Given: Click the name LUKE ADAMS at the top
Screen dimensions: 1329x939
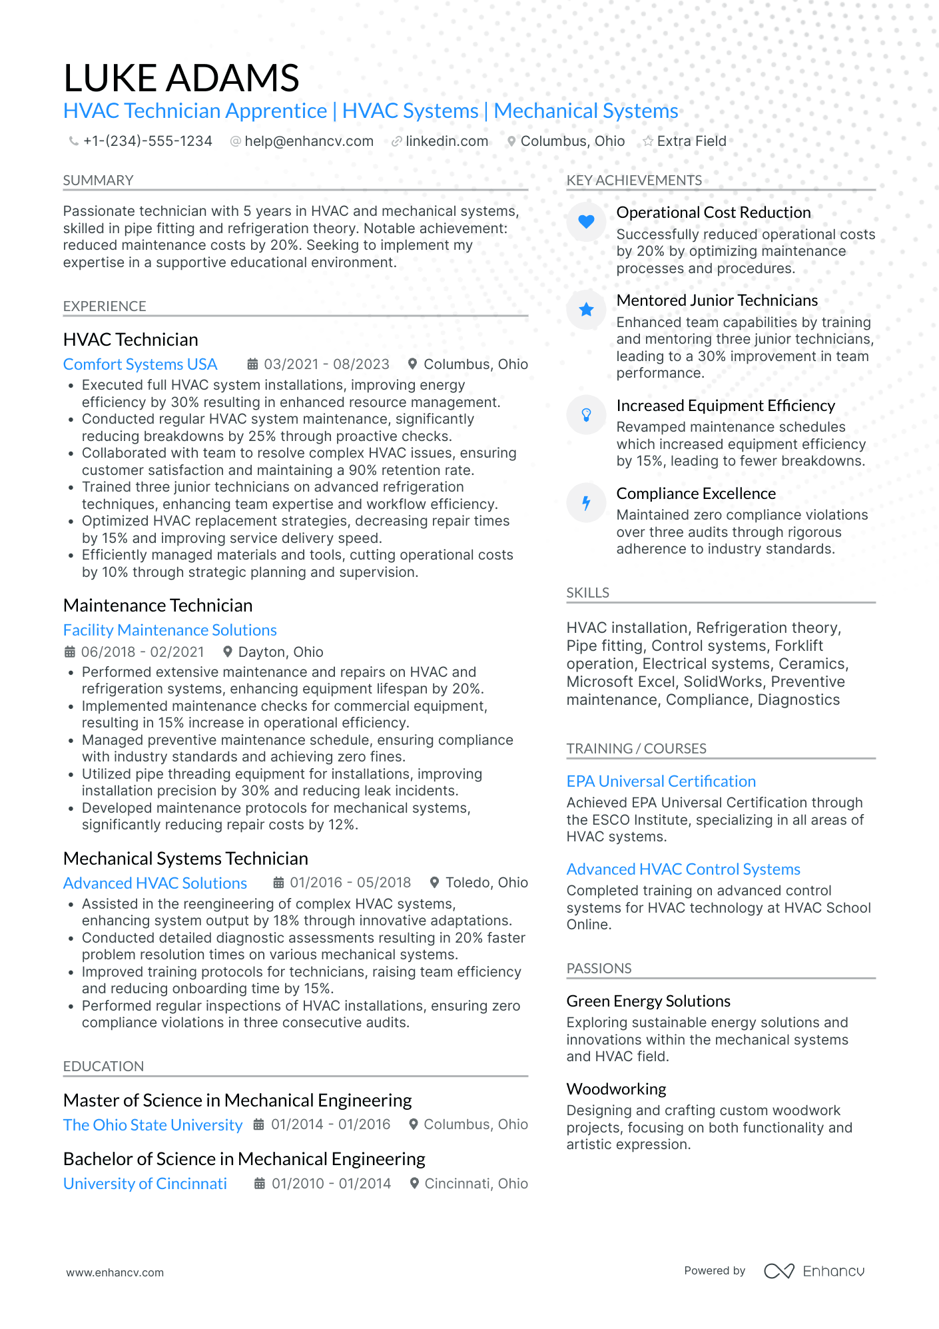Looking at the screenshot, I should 181,78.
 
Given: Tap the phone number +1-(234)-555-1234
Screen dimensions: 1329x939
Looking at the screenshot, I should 147,141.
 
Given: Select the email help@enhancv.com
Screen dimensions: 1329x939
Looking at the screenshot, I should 308,141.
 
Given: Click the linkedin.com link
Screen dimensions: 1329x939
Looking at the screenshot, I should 447,141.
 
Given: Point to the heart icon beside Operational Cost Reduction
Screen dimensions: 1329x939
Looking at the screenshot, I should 586,221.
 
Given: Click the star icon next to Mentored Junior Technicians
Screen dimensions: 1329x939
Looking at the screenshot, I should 586,309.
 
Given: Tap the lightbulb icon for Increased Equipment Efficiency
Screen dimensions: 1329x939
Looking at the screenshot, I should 586,414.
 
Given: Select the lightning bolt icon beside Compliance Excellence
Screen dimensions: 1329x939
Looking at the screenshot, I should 586,502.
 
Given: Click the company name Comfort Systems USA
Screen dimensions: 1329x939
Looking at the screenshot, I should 140,364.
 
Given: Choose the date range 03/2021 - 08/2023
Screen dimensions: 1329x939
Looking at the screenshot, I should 326,364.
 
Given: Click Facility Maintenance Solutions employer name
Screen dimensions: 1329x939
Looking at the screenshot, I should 170,630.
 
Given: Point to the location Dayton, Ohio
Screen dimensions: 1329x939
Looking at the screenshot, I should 280,652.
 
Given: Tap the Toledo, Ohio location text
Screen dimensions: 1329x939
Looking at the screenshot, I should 486,883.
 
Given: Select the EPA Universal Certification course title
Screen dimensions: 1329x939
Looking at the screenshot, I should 661,781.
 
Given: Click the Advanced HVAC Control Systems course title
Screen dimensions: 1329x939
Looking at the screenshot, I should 683,869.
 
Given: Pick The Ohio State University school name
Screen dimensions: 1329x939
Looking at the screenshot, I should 153,1125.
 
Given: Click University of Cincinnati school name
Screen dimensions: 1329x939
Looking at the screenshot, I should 145,1184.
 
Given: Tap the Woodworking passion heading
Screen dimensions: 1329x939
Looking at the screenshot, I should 616,1089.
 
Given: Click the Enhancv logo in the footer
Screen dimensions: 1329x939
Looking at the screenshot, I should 814,1271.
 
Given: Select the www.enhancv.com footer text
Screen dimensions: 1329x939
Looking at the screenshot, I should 115,1272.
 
